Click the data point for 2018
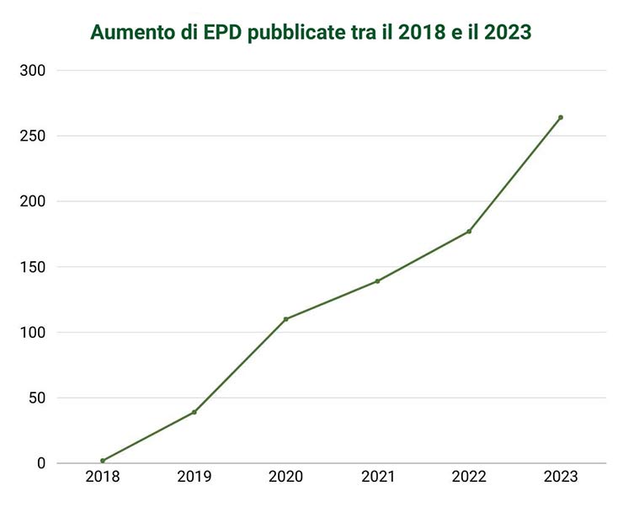[x=103, y=461]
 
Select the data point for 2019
[x=194, y=412]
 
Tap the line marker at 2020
[x=286, y=319]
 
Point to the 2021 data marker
[x=377, y=281]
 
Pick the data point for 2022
[x=469, y=232]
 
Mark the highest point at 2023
[x=561, y=117]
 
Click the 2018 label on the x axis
[x=103, y=478]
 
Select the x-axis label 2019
[x=194, y=478]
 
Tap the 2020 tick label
[x=286, y=478]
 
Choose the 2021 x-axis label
[x=377, y=478]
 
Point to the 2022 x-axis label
[x=469, y=478]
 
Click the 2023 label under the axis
[x=561, y=478]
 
